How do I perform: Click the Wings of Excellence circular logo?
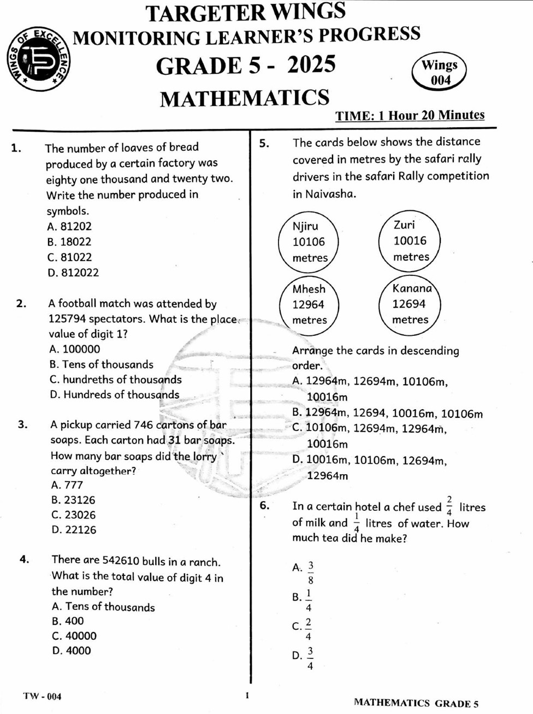pyautogui.click(x=39, y=58)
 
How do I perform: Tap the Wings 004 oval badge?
pyautogui.click(x=440, y=72)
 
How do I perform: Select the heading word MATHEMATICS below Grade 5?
pyautogui.click(x=244, y=98)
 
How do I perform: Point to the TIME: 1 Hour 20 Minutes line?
pyautogui.click(x=410, y=115)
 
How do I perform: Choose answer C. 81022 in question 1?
pyautogui.click(x=69, y=257)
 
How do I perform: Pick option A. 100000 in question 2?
pyautogui.click(x=75, y=349)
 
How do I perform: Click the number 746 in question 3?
pyautogui.click(x=143, y=424)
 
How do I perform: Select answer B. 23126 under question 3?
pyautogui.click(x=73, y=500)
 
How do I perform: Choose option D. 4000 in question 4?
pyautogui.click(x=72, y=651)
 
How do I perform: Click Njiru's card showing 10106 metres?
pyautogui.click(x=309, y=241)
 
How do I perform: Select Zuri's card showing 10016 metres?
pyautogui.click(x=410, y=240)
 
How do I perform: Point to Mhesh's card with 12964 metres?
pyautogui.click(x=309, y=304)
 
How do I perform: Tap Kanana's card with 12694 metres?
pyautogui.click(x=410, y=304)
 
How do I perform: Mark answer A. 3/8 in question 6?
pyautogui.click(x=304, y=573)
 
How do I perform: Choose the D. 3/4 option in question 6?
pyautogui.click(x=304, y=658)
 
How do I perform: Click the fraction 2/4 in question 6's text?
pyautogui.click(x=449, y=506)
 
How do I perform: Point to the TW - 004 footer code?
pyautogui.click(x=42, y=696)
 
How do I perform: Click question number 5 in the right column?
pyautogui.click(x=264, y=143)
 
